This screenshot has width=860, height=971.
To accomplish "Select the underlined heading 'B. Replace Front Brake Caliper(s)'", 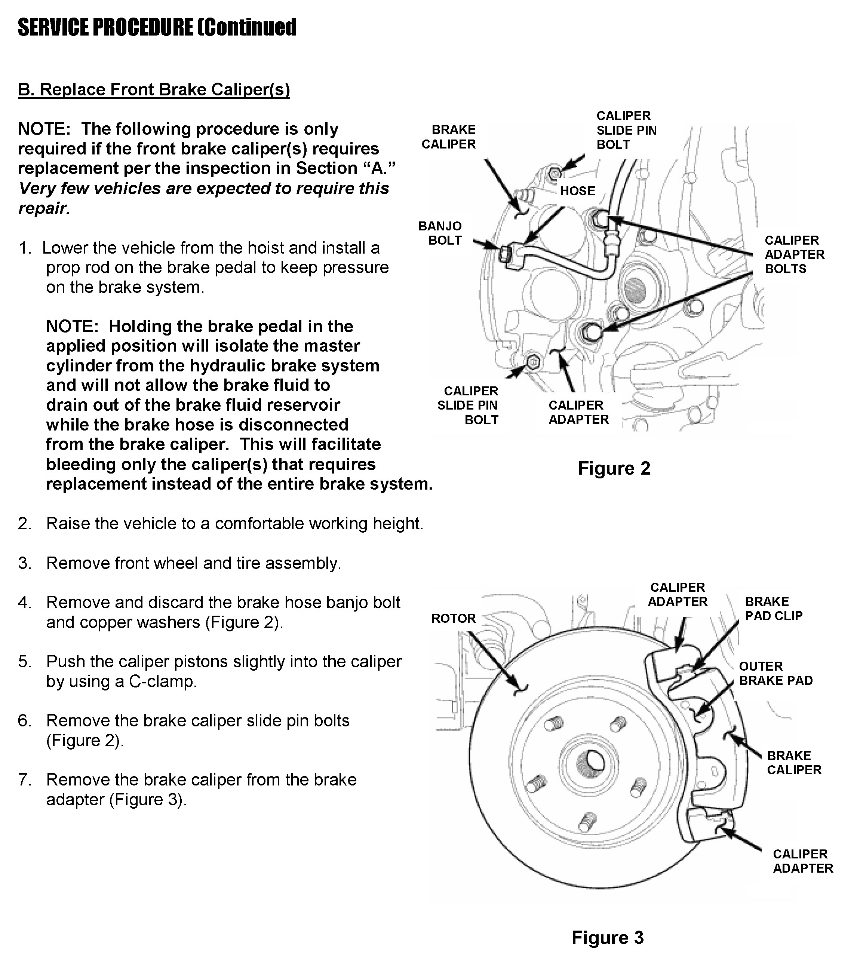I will point(154,90).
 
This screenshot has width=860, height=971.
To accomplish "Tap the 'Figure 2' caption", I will point(614,468).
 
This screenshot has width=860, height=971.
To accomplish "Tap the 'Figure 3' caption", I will point(607,938).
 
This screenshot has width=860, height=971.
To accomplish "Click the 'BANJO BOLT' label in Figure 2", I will point(440,233).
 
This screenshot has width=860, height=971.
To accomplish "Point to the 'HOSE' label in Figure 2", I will point(577,191).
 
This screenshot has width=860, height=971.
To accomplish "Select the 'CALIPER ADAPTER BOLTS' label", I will point(794,255).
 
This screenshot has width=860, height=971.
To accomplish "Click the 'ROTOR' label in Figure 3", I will point(453,619).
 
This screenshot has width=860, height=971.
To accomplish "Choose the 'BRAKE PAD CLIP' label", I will point(774,609).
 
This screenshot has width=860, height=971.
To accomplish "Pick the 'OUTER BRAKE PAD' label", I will point(775,674).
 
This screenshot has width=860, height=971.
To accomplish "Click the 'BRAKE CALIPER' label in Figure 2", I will point(448,137).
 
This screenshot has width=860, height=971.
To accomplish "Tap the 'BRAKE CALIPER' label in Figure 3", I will point(794,763).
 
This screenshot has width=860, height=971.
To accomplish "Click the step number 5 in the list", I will point(25,662).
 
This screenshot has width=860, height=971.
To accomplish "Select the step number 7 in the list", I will point(25,780).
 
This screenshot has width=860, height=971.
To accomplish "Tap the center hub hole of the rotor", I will point(589,762).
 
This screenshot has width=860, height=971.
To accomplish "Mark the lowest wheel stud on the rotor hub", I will point(588,821).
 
